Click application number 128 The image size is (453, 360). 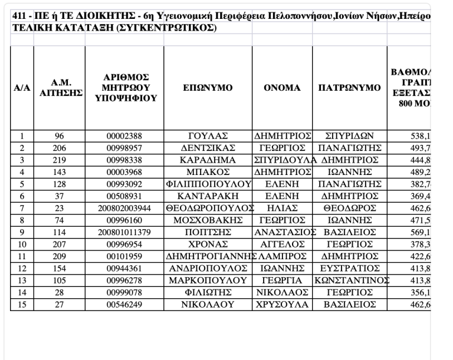pos(58,184)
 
